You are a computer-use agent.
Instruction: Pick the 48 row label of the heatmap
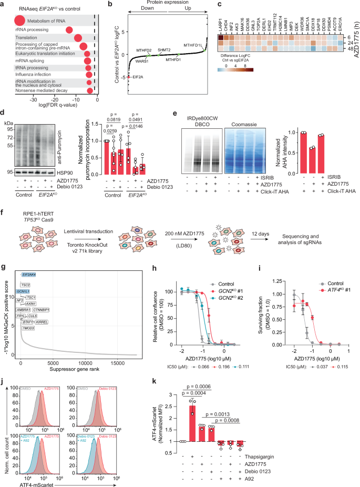coord(349,47)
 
